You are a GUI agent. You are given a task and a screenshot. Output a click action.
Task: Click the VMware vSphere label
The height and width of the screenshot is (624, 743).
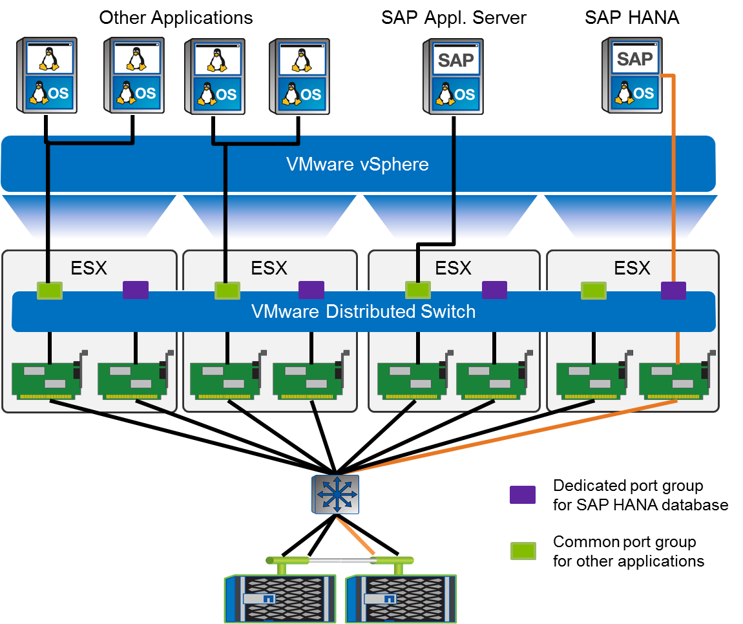(357, 164)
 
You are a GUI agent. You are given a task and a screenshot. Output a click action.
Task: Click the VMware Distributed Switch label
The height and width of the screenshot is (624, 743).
(363, 311)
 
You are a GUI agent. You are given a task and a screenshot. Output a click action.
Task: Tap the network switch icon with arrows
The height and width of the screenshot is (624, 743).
(335, 495)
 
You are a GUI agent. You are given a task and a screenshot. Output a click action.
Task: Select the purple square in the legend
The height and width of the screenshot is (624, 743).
(522, 495)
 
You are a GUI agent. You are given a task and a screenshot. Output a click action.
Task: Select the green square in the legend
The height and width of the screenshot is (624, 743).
(522, 551)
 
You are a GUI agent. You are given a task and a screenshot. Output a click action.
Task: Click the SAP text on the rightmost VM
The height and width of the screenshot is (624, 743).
(634, 59)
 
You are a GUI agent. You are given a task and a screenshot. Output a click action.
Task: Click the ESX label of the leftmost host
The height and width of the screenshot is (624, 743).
(89, 268)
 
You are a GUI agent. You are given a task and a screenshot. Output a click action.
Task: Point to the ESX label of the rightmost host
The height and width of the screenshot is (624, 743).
(632, 268)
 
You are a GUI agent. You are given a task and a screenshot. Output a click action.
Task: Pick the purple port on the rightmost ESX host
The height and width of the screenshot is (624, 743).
(673, 291)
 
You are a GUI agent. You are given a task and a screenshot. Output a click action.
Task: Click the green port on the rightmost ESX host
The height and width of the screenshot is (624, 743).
(594, 291)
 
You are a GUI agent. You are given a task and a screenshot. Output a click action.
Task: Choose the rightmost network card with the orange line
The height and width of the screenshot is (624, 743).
(672, 380)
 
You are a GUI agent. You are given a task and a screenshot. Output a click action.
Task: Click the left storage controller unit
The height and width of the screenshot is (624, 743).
(280, 598)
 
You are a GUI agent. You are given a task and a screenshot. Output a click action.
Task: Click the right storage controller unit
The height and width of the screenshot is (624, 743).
(401, 598)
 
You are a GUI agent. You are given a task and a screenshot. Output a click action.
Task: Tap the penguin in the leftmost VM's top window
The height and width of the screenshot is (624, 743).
(48, 59)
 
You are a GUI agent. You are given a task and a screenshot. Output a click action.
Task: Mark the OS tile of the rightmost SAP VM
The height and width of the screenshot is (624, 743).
(634, 93)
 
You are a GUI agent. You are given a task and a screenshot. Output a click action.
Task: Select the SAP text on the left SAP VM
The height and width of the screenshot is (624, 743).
(455, 61)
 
